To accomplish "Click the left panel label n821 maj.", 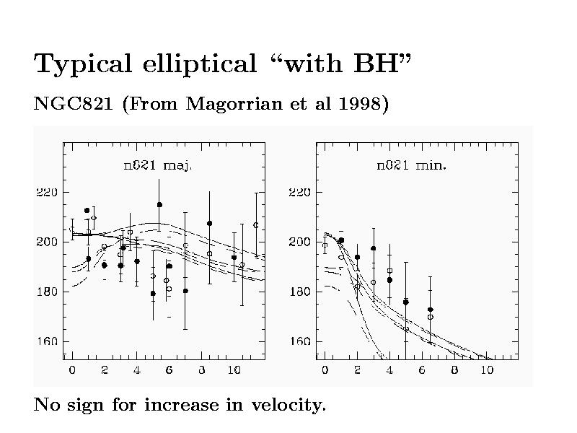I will (x=159, y=165).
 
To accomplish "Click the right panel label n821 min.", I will (x=411, y=165).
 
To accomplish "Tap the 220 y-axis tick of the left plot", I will (x=47, y=193).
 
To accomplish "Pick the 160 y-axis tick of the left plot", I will (x=47, y=341).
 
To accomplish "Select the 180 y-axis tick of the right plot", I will (x=299, y=292).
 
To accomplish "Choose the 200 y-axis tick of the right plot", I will (x=299, y=242).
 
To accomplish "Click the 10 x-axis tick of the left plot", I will (x=234, y=370).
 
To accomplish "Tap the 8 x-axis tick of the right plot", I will (x=454, y=370).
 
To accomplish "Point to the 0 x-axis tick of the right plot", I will (x=325, y=370).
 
